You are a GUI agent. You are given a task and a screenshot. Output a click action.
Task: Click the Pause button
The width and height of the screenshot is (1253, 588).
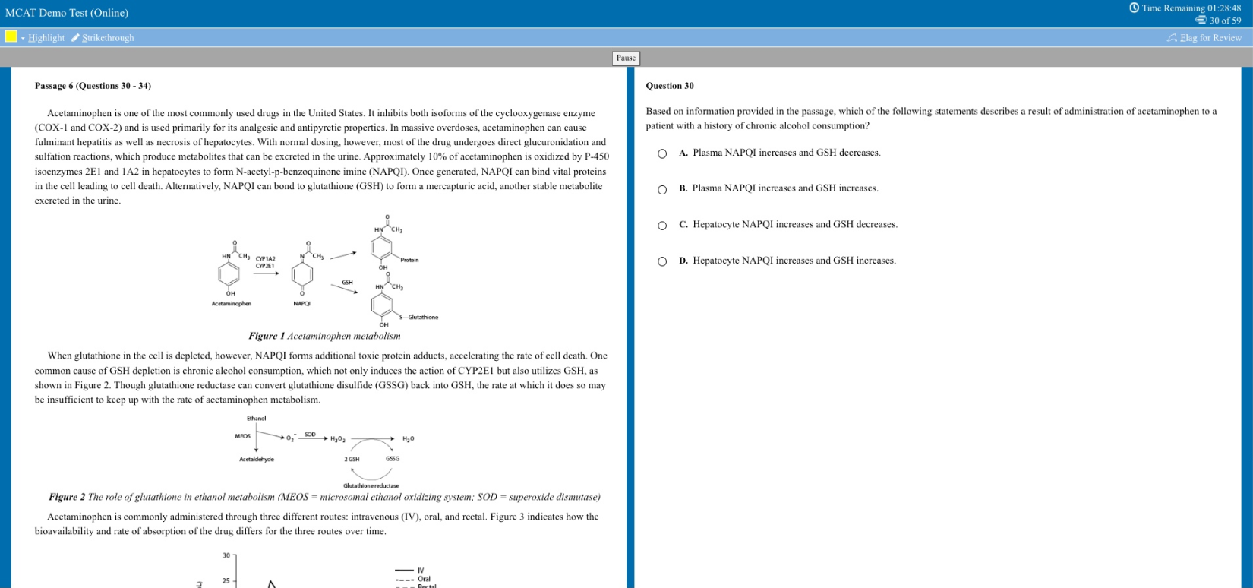point(626,58)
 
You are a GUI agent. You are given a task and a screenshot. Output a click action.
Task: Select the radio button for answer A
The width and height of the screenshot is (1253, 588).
point(662,153)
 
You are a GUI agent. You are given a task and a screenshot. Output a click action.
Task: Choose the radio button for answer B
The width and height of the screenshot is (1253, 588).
point(662,189)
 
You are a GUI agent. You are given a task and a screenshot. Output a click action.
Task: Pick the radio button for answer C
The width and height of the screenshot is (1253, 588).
point(662,225)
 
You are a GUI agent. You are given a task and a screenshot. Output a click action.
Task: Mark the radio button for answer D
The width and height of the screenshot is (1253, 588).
point(662,261)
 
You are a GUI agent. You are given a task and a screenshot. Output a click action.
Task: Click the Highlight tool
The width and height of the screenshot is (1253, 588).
point(46,38)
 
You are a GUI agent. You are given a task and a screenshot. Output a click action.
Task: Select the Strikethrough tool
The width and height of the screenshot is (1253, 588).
point(107,38)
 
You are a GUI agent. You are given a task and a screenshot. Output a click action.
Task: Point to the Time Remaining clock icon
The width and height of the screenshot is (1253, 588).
point(1134,8)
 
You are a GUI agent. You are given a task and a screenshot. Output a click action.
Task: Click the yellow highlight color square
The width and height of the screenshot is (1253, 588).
point(11,36)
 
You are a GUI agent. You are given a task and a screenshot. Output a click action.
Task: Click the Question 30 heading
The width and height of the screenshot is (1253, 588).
point(669,86)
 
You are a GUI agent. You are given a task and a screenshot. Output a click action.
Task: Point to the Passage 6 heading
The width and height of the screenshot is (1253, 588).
point(93,86)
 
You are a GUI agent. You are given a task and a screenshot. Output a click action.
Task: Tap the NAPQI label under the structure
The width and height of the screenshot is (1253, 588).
point(301,304)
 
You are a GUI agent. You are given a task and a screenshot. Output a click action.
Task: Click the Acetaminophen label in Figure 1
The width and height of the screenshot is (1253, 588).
point(231,304)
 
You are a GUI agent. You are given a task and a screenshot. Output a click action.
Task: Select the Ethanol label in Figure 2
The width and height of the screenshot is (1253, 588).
point(257,419)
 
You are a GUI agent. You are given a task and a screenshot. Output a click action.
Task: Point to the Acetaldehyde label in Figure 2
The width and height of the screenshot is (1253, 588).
point(257,459)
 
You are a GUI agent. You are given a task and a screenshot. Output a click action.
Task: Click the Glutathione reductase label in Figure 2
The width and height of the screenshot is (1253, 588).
point(371,485)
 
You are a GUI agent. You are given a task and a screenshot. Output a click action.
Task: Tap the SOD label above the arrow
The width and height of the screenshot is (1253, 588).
point(310,435)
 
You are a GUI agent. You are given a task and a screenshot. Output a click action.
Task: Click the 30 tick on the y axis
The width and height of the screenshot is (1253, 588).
point(226,556)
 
